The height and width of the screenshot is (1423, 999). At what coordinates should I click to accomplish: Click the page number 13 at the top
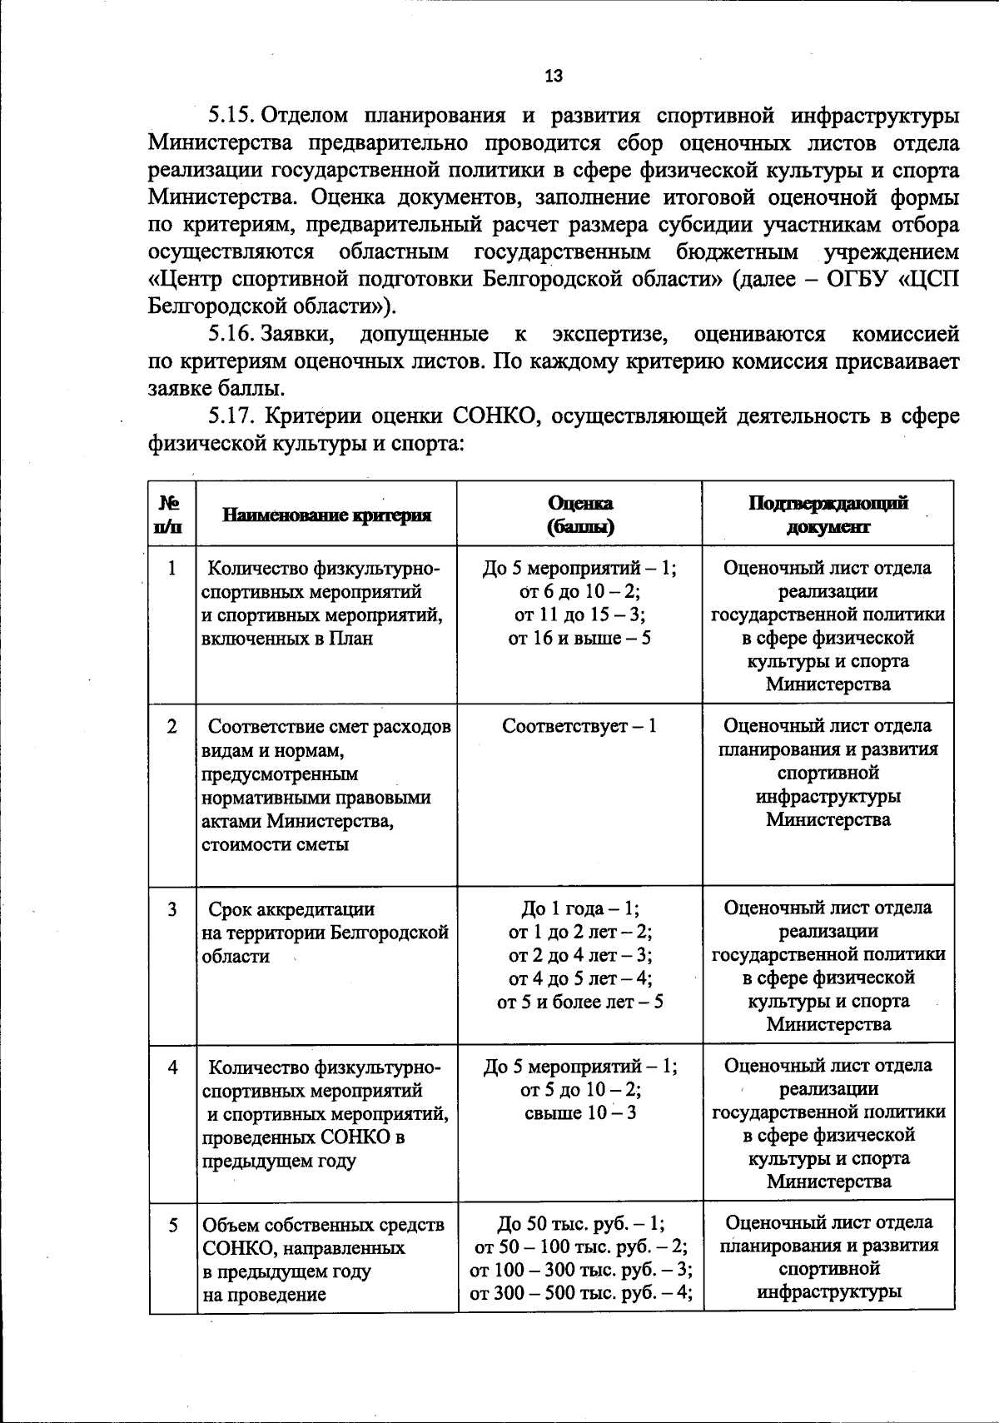(554, 77)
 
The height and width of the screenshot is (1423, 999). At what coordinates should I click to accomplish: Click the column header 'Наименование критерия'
(327, 515)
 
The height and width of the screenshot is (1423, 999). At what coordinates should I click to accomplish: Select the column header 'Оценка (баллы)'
(580, 515)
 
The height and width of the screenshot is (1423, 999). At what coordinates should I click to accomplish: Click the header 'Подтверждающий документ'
(828, 515)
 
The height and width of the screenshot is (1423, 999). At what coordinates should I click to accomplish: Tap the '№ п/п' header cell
(171, 515)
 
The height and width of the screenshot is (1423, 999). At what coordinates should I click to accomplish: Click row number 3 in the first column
(172, 909)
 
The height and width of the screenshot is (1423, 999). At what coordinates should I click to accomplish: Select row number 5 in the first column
(173, 1225)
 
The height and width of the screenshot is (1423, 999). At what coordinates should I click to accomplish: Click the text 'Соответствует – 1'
(579, 726)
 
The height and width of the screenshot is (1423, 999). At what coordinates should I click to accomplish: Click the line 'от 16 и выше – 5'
(579, 638)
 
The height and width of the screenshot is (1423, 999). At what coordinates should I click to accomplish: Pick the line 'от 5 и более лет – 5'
(579, 1002)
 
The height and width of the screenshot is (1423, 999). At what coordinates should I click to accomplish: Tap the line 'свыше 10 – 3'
(580, 1112)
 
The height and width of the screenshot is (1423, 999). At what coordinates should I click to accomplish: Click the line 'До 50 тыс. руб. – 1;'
(580, 1224)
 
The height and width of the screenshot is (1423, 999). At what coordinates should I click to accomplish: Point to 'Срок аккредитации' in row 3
(291, 909)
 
